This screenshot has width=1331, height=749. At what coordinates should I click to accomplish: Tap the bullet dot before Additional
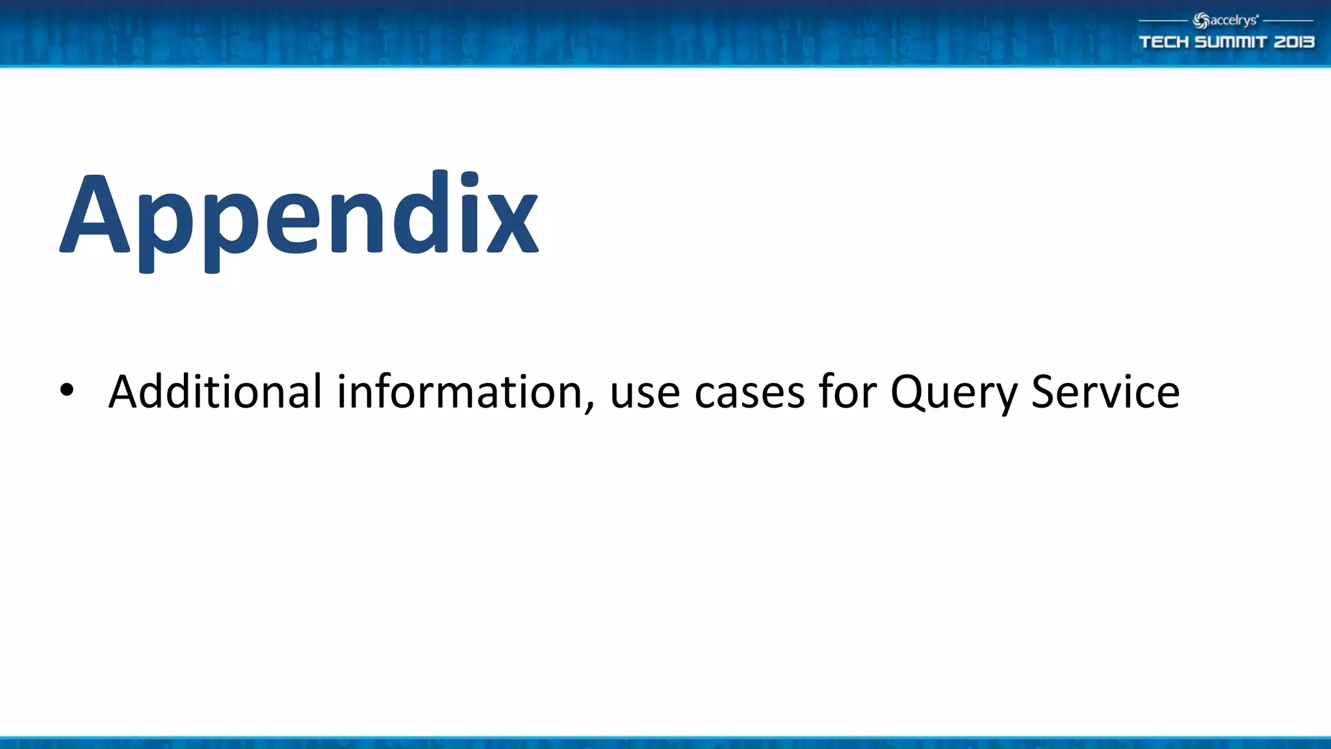click(66, 391)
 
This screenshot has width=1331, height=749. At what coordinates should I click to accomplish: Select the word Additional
click(215, 392)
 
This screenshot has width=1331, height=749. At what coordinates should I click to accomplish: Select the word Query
click(953, 394)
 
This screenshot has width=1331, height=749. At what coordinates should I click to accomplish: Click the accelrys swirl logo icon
click(1201, 21)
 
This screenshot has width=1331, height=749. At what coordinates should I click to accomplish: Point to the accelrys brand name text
click(1234, 21)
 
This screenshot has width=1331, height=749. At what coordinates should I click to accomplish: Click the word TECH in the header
click(1164, 42)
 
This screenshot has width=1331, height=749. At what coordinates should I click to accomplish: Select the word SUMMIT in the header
click(1231, 42)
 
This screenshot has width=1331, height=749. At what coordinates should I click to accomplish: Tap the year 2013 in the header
click(1293, 42)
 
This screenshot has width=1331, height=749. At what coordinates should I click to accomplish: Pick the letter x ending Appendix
click(513, 225)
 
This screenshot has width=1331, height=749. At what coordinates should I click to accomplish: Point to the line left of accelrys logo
click(1163, 21)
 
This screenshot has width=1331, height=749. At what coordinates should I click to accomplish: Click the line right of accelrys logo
click(1287, 21)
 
